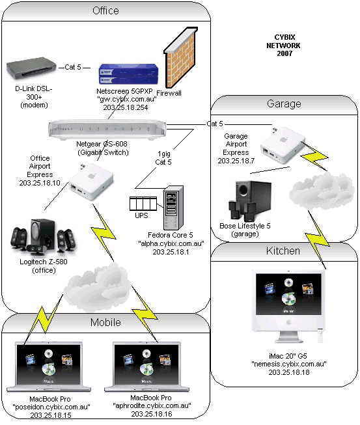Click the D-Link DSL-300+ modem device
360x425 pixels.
tap(31, 69)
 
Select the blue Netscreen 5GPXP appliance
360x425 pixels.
tap(128, 74)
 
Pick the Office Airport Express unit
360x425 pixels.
tap(90, 182)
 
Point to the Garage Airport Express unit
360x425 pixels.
tap(283, 145)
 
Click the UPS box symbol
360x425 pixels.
tap(143, 204)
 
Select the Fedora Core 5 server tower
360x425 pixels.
tap(173, 208)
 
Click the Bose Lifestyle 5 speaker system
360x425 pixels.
tap(250, 201)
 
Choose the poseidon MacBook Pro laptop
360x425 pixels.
tap(49, 366)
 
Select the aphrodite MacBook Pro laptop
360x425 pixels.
tap(146, 366)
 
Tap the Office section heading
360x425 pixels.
tap(105, 11)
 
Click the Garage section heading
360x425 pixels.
tap(284, 104)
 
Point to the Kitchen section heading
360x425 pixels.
tap(283, 251)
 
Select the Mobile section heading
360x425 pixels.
tap(105, 323)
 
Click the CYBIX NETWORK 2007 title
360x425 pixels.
tap(284, 46)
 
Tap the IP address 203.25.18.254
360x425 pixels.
tap(126, 107)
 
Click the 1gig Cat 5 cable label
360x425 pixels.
tap(163, 158)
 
